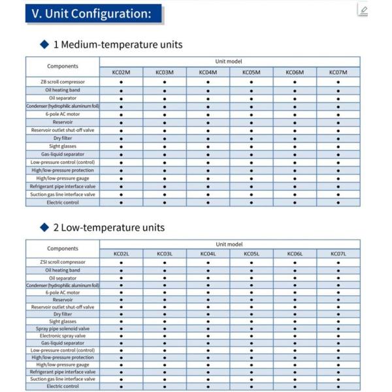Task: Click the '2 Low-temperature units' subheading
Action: click(x=108, y=227)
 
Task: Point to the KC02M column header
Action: click(x=122, y=73)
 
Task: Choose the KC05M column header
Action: click(x=252, y=73)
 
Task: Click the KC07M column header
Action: click(x=338, y=73)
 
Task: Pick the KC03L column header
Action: click(x=165, y=253)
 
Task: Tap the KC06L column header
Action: click(x=295, y=253)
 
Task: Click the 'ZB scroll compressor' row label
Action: click(x=63, y=82)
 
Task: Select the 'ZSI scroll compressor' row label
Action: click(x=63, y=262)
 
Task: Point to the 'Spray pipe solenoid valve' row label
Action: click(x=63, y=329)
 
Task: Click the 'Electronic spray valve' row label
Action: click(x=63, y=336)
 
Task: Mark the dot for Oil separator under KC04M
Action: click(x=208, y=98)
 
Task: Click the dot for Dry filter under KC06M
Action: click(x=295, y=139)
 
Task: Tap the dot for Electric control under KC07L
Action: click(x=338, y=387)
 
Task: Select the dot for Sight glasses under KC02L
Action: click(x=122, y=321)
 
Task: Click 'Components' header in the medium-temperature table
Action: click(x=63, y=66)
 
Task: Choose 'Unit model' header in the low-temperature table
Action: click(x=229, y=244)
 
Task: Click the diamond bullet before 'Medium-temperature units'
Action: click(x=44, y=44)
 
